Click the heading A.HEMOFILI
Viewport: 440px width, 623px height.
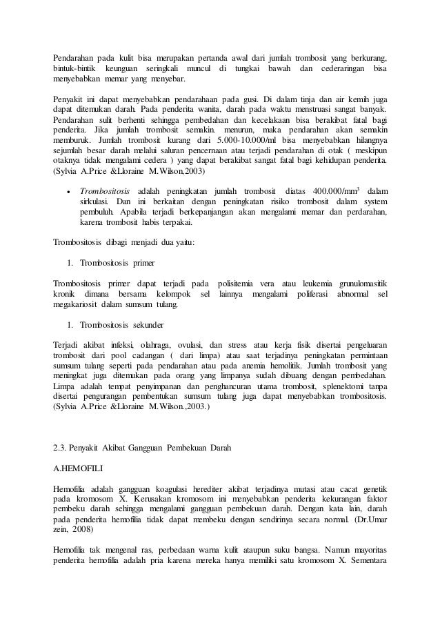[x=78, y=468]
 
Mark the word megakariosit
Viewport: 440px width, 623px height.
[x=77, y=304]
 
